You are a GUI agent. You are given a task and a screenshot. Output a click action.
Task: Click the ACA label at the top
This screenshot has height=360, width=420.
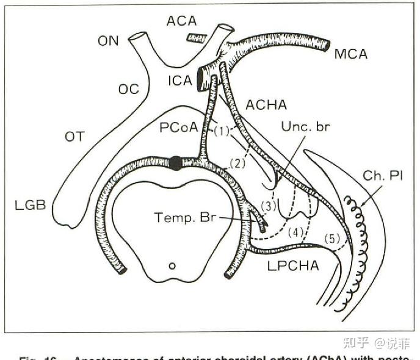point(181,21)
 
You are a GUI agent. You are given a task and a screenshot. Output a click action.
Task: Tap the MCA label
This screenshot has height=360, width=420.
point(351,54)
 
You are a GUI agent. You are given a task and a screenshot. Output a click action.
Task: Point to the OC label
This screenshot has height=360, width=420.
point(129,89)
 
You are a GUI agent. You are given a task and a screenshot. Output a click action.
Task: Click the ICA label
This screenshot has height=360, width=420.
point(180,80)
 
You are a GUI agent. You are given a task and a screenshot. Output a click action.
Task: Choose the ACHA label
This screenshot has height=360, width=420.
point(266,106)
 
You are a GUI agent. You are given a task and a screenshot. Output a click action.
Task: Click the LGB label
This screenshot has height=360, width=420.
point(31,205)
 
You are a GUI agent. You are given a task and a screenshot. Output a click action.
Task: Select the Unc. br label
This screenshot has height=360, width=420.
point(305,128)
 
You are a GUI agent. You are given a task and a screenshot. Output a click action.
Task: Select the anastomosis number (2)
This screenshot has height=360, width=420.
point(236,162)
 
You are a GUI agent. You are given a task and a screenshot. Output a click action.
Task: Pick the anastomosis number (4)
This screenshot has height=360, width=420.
point(295,232)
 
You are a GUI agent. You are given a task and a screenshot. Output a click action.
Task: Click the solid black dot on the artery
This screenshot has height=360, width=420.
point(176,163)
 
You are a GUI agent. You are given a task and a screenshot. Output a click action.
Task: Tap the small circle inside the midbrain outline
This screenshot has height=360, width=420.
point(172,266)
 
